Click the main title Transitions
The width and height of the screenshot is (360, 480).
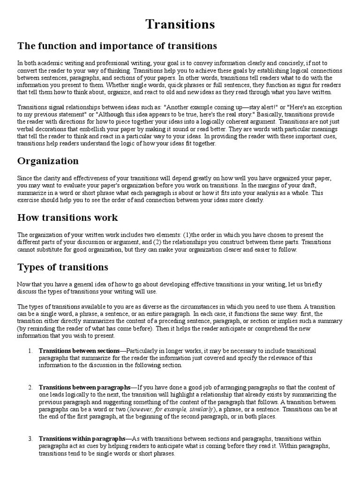coord(180,24)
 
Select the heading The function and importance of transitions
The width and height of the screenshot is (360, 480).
coord(117,46)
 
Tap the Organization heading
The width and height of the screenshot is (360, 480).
coord(48,161)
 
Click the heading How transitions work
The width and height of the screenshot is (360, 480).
coord(67,217)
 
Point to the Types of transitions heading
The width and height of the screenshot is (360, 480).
coord(63,267)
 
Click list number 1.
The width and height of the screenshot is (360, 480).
coord(30,351)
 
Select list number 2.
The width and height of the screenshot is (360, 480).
coord(30,387)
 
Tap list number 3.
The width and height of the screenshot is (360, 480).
coord(30,439)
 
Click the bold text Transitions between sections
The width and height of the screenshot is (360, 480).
coord(79,351)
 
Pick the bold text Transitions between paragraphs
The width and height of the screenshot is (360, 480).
coord(84,387)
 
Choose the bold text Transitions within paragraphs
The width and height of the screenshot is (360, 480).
coord(82,439)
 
